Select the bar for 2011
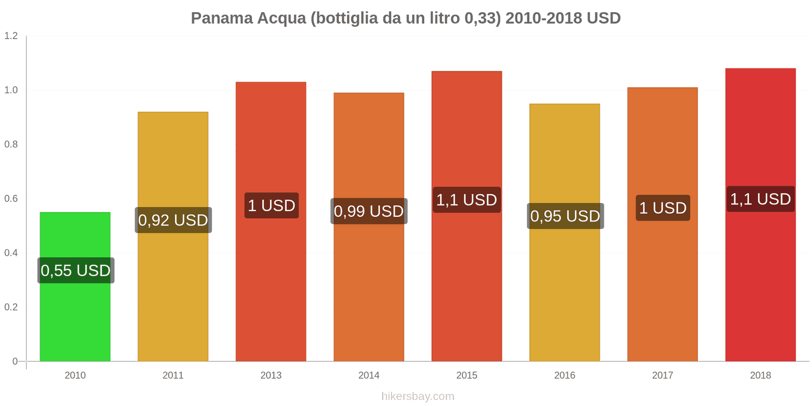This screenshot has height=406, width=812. (173, 294)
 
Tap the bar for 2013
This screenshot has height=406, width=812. (271, 284)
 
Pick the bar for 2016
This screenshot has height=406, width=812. (565, 294)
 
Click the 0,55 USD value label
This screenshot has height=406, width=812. (76, 270)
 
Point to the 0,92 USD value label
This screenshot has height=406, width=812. (173, 220)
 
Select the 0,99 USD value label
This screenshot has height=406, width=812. (369, 211)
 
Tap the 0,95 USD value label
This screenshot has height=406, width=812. (565, 216)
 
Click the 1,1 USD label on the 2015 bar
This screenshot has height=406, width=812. (467, 200)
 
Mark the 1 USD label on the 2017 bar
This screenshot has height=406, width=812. (663, 208)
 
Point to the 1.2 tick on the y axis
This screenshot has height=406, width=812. (11, 36)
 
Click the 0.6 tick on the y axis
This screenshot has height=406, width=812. (11, 199)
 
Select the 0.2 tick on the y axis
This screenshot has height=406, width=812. (11, 308)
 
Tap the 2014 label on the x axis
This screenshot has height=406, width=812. (369, 376)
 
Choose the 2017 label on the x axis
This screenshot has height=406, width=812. (663, 376)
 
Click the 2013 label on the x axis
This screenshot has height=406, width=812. (271, 376)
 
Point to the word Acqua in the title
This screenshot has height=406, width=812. (282, 18)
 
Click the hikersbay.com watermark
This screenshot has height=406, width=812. (418, 396)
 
